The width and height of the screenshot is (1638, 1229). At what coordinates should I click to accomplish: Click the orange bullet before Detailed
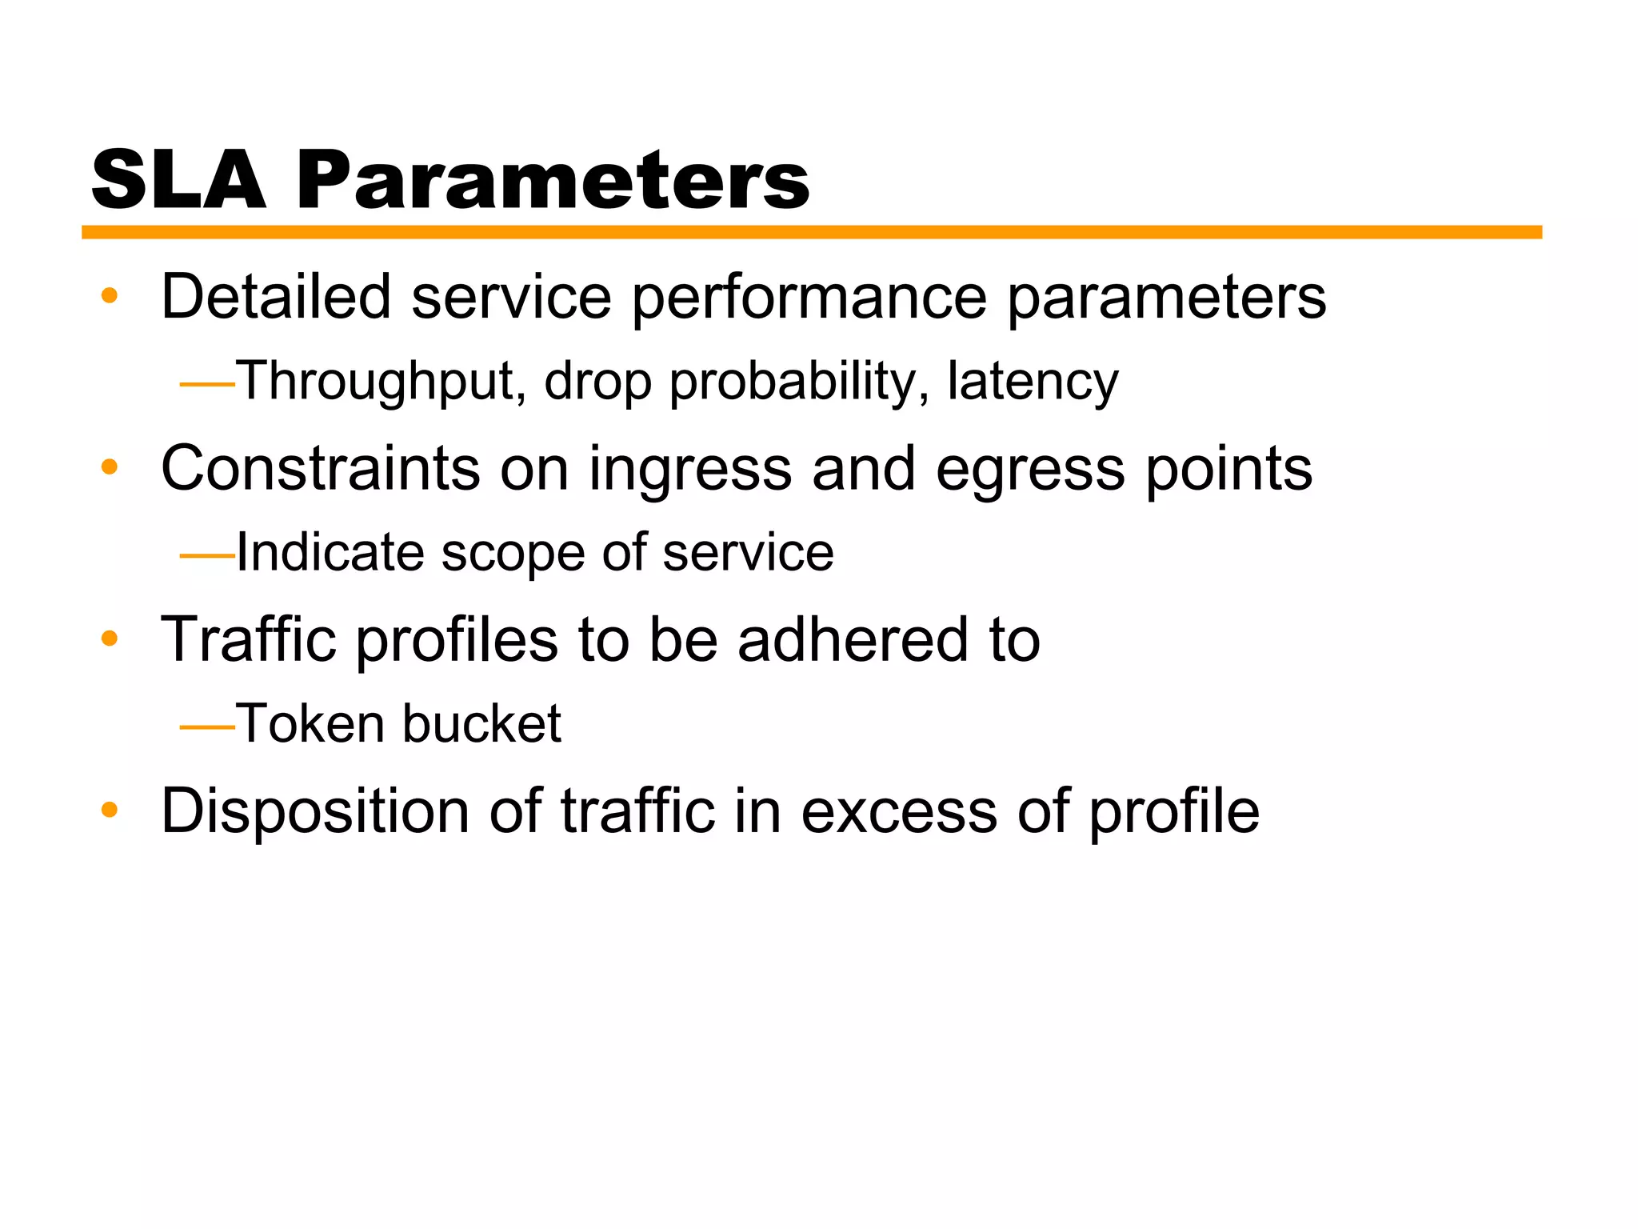110,296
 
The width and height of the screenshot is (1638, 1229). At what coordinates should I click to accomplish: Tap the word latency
1033,381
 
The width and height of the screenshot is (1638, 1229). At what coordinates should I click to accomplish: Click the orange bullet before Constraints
110,467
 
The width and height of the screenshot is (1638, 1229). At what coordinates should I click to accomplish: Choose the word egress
1030,470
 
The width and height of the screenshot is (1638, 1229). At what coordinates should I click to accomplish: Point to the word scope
513,553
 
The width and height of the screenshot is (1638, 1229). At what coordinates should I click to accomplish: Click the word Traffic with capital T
248,640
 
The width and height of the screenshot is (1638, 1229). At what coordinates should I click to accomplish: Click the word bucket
481,723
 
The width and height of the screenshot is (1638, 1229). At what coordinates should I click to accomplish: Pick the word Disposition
315,812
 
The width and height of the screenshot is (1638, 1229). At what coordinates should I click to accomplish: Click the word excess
899,812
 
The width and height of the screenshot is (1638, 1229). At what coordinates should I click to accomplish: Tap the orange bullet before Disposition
110,811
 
